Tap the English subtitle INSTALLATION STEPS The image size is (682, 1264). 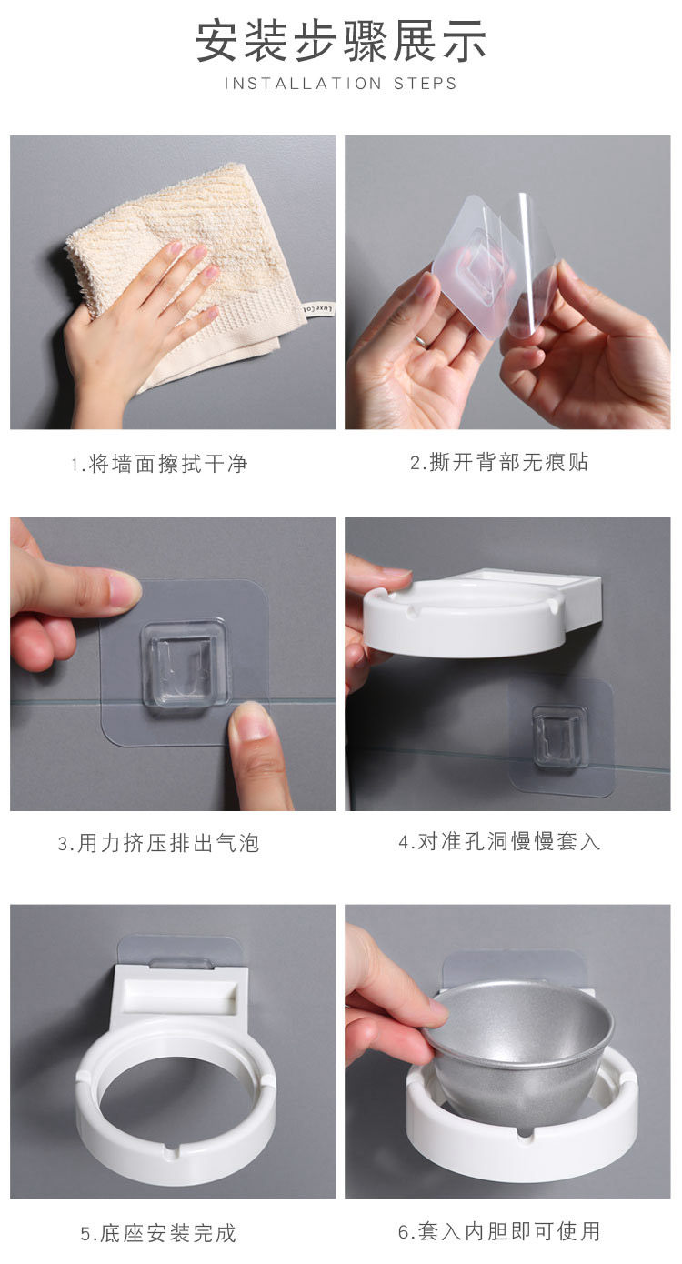click(x=341, y=84)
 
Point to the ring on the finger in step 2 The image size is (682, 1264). click(x=422, y=340)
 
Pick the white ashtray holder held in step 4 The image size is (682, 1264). click(x=482, y=612)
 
